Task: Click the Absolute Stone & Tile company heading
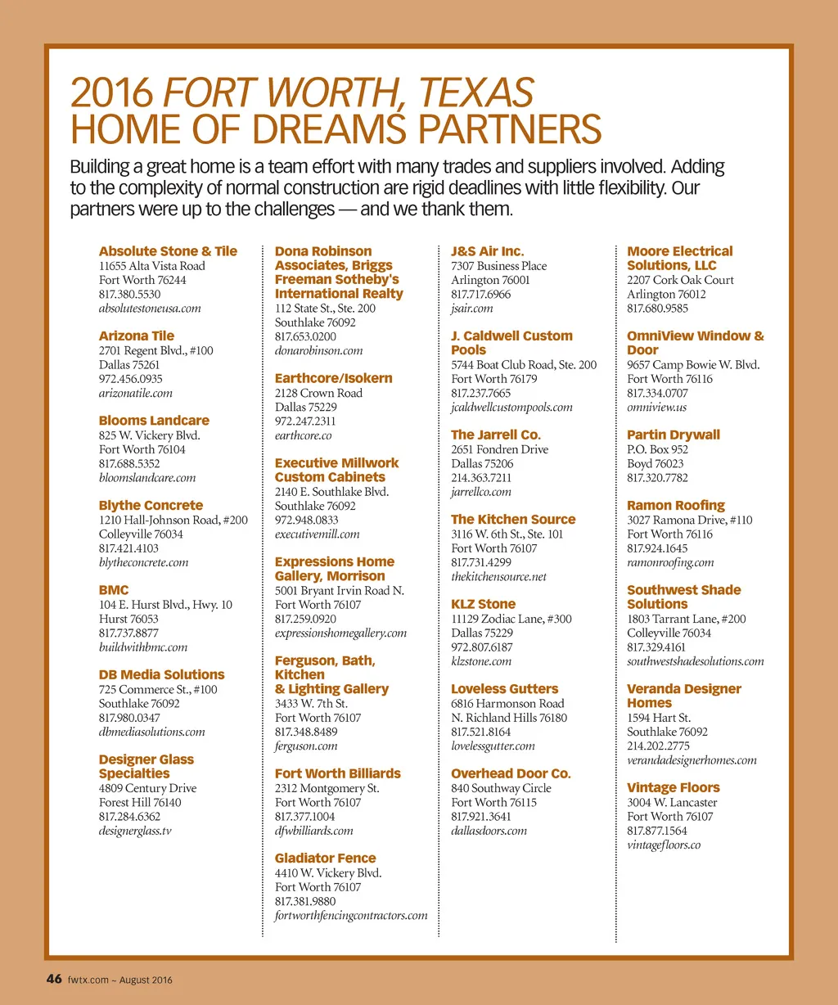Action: (168, 251)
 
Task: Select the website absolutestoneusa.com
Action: (150, 309)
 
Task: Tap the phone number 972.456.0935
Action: (130, 379)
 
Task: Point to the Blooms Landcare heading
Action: (154, 421)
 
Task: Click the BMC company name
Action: (114, 590)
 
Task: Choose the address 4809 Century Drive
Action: (147, 788)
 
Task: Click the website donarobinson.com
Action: (318, 350)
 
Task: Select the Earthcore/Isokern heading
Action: (333, 378)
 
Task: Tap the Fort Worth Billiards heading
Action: (337, 773)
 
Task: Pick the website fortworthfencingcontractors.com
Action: (351, 915)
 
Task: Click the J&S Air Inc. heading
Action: (487, 251)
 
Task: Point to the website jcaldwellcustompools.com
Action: (511, 407)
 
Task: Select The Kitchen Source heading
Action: (513, 520)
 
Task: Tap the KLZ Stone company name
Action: (483, 604)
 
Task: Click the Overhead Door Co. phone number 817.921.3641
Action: (481, 817)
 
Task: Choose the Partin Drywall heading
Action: (674, 435)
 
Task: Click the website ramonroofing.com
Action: (670, 562)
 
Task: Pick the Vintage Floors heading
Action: (673, 788)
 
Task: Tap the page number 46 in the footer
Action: (54, 979)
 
